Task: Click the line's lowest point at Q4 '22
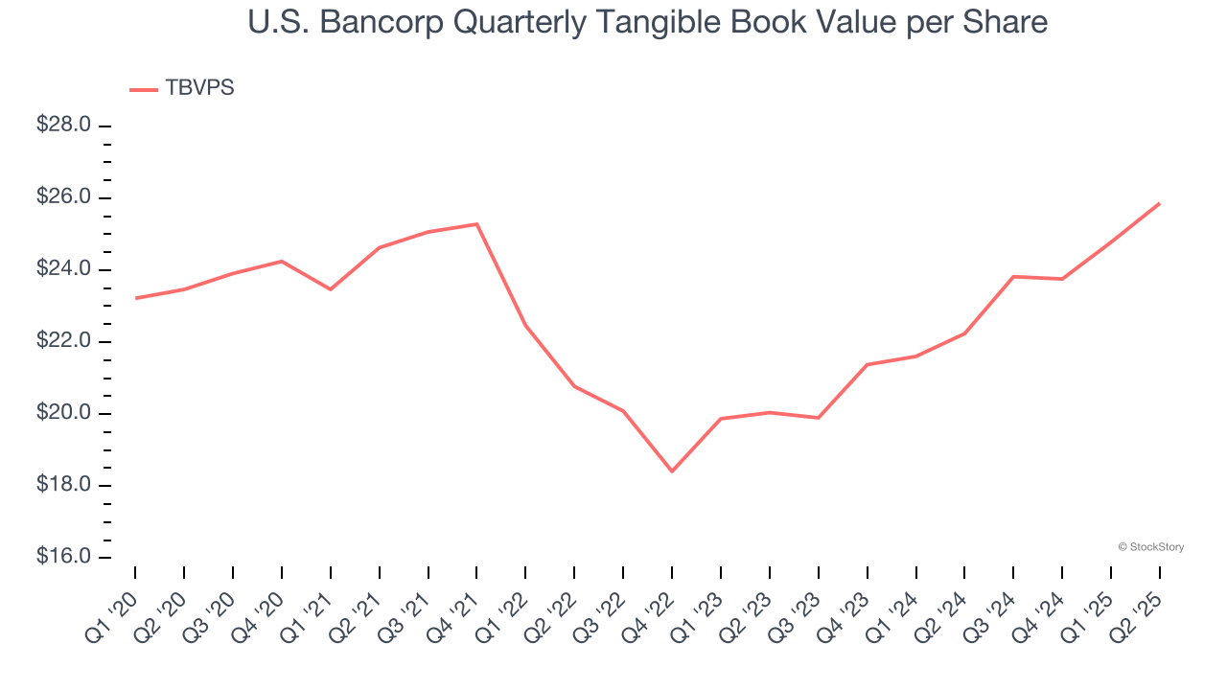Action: click(672, 471)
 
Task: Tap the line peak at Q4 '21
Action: click(476, 224)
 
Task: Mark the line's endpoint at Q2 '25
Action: click(1159, 203)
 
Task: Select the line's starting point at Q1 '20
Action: click(135, 298)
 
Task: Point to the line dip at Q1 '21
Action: click(331, 289)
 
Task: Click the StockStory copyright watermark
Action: click(1151, 547)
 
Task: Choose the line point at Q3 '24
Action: click(1013, 276)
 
